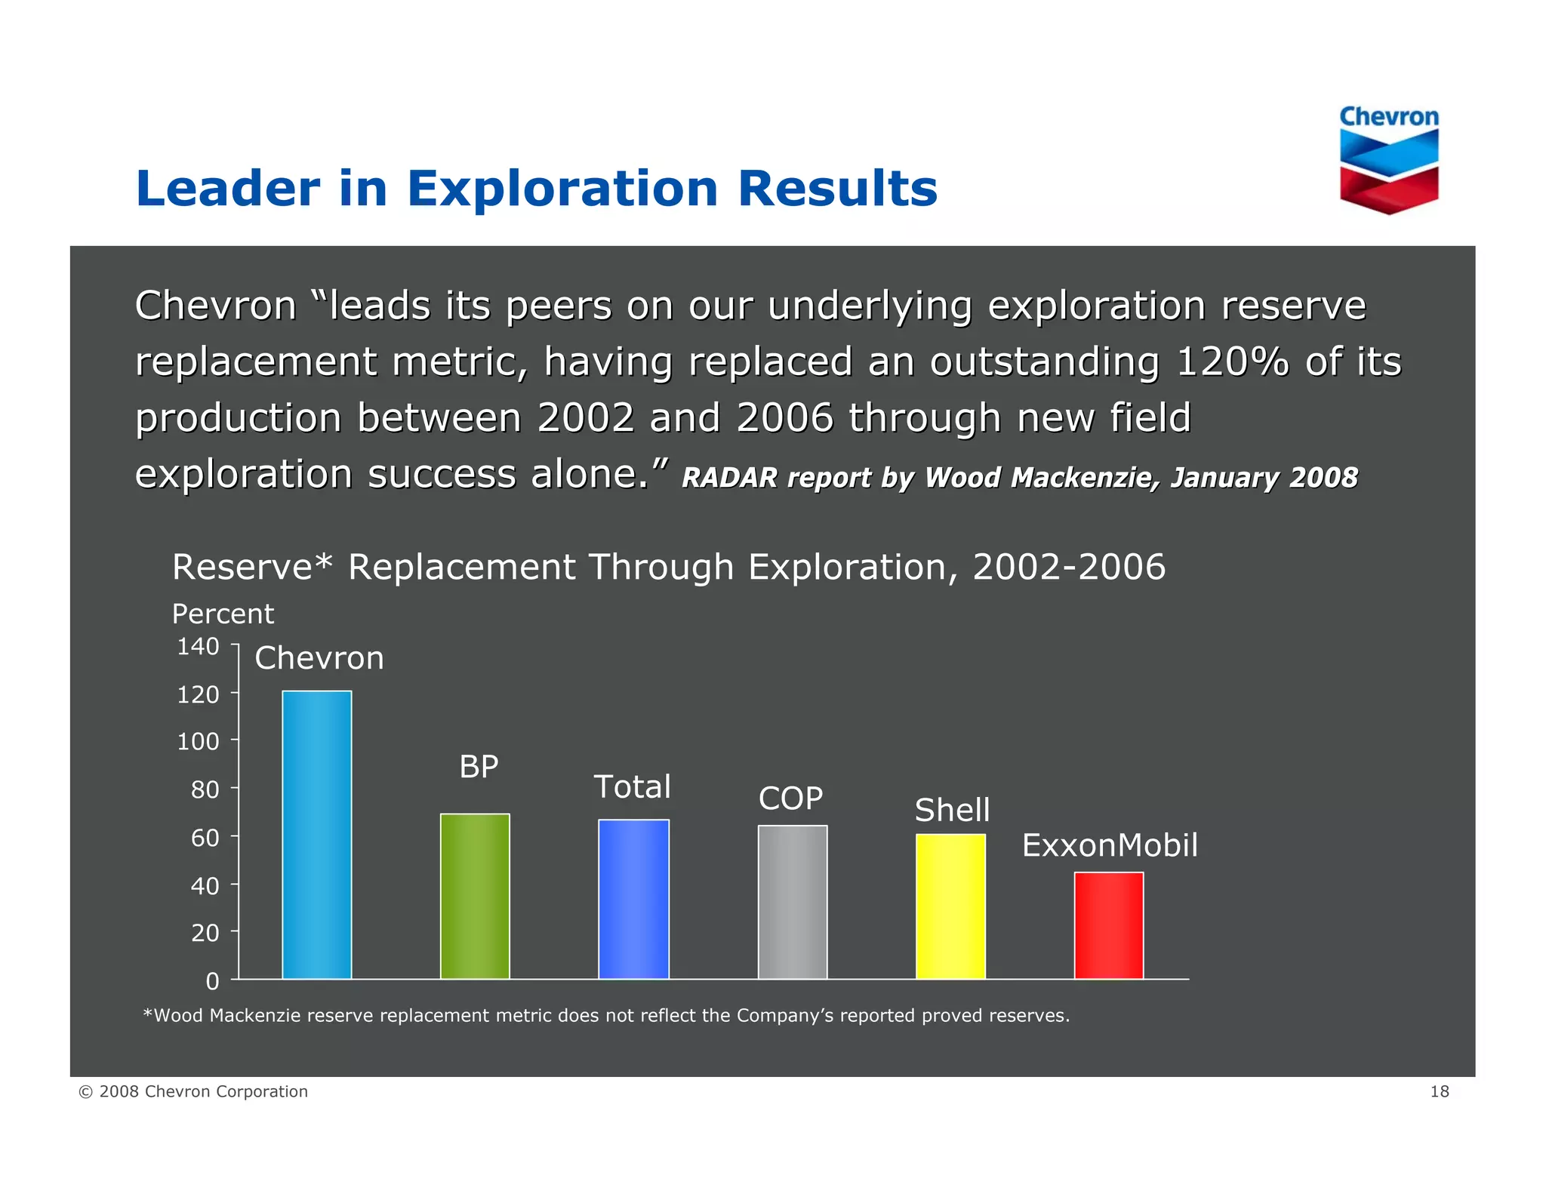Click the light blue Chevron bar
[x=316, y=835]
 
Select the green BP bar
[x=475, y=896]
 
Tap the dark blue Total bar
[x=633, y=899]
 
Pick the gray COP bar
[x=792, y=902]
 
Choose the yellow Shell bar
[x=950, y=906]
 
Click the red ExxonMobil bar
[x=1108, y=925]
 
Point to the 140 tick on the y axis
[x=198, y=646]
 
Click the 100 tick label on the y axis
[x=198, y=741]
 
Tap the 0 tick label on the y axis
[x=212, y=981]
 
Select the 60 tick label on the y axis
[x=205, y=837]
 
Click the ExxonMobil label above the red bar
[x=1109, y=845]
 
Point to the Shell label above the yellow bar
[x=952, y=811]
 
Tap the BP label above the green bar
[x=479, y=767]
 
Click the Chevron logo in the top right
[x=1389, y=159]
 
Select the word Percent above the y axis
[x=223, y=614]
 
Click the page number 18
[x=1439, y=1091]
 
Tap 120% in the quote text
[x=1232, y=362]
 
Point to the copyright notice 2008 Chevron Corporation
[x=193, y=1091]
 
